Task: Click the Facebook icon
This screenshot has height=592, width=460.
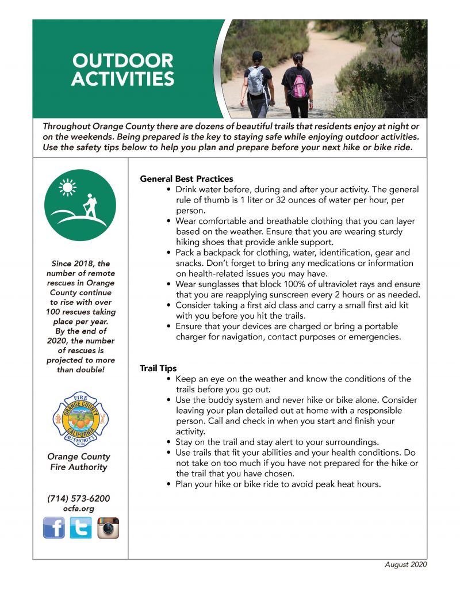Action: click(54, 527)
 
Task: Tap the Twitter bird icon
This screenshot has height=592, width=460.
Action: click(81, 527)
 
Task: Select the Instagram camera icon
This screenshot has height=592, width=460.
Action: click(108, 527)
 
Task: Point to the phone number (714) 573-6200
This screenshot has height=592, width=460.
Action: click(78, 498)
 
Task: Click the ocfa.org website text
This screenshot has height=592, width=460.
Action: click(79, 509)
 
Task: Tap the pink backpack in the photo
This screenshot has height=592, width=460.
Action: click(298, 86)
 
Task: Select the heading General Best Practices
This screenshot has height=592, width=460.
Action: click(186, 179)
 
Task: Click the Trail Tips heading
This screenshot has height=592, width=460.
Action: click(158, 368)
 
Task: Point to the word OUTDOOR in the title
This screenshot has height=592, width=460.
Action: click(122, 61)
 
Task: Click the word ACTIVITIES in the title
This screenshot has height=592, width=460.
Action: click(122, 79)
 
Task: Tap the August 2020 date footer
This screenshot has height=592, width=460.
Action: click(405, 565)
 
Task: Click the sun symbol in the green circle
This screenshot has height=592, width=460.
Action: click(68, 187)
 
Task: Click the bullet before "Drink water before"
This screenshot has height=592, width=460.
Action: click(168, 189)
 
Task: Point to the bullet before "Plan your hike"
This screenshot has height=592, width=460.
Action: click(168, 484)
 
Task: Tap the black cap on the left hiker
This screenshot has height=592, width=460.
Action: click(257, 55)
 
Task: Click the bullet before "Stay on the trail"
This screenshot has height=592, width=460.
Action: click(168, 442)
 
